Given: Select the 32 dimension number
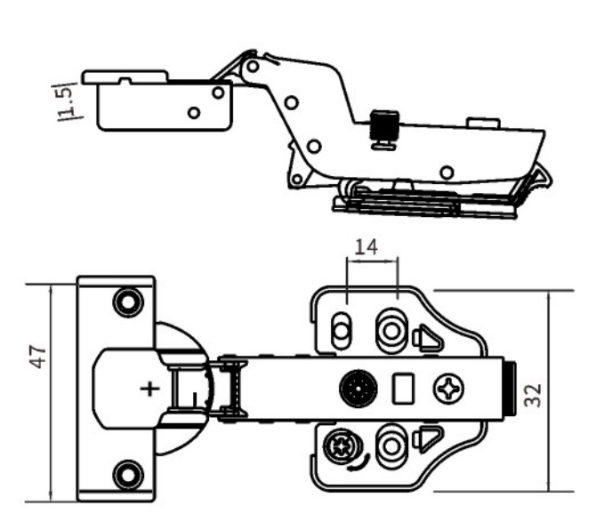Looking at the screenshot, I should point(536,391).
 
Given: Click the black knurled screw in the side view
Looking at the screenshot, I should point(383,127).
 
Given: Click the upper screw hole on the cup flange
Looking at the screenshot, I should point(128,301).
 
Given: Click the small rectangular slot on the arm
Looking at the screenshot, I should point(402,388).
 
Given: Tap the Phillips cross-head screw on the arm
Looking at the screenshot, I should point(444,388).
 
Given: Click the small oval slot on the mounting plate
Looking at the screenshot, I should point(339,332).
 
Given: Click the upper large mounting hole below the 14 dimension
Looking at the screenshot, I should point(391,330).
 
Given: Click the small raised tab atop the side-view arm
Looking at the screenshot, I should point(480,119).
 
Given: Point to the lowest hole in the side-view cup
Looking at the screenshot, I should point(194,113).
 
